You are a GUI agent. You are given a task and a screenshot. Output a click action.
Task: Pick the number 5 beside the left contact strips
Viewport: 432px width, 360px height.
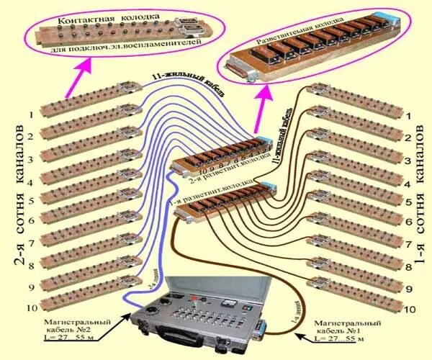[30, 202]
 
